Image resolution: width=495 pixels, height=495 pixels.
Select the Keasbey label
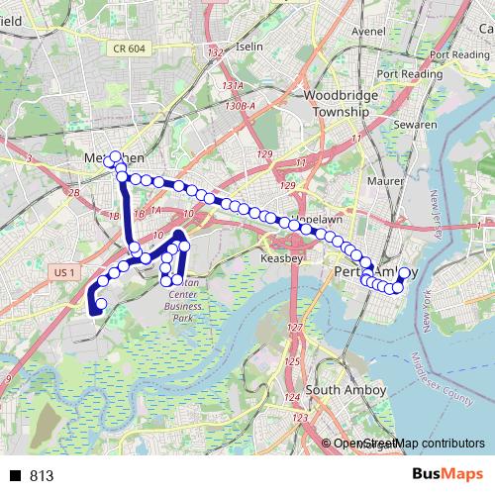click(x=282, y=258)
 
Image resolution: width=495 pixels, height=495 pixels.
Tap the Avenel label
click(x=367, y=31)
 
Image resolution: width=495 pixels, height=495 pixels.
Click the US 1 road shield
click(x=62, y=271)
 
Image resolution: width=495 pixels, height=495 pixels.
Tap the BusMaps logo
click(x=446, y=475)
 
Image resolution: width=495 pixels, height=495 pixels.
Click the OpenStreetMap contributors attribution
click(x=409, y=444)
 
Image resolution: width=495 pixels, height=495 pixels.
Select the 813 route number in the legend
click(x=42, y=476)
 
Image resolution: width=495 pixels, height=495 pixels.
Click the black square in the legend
click(x=17, y=476)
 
